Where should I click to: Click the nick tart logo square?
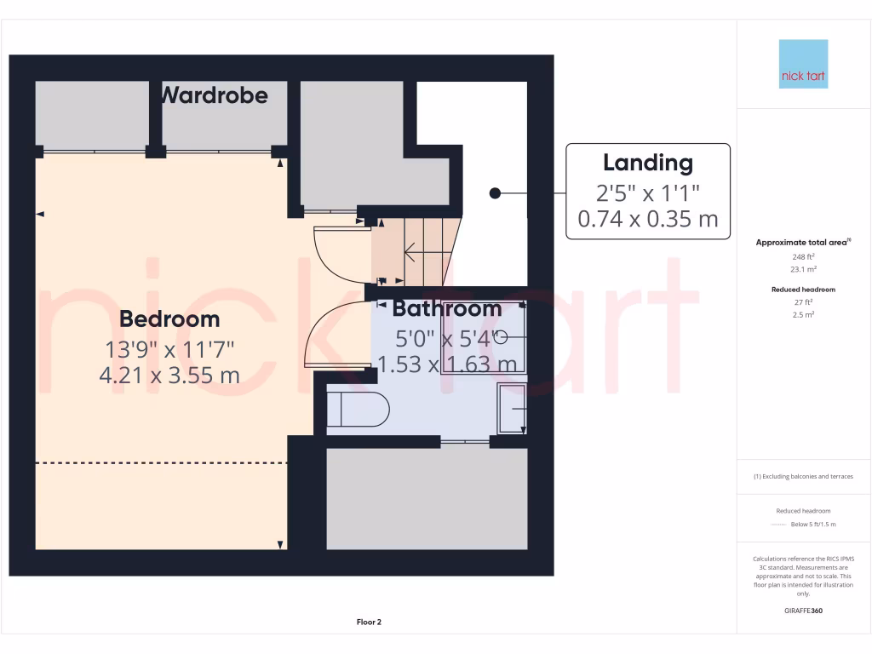pyautogui.click(x=803, y=64)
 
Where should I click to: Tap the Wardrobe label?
pyautogui.click(x=214, y=95)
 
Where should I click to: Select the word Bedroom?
pyautogui.click(x=169, y=319)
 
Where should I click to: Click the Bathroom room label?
pyautogui.click(x=447, y=308)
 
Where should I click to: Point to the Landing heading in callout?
pyautogui.click(x=648, y=163)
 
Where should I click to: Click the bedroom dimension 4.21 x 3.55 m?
pyautogui.click(x=169, y=375)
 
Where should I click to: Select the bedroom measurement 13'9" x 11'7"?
pyautogui.click(x=169, y=348)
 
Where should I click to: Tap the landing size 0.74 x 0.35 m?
pyautogui.click(x=648, y=219)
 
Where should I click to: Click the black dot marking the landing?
pyautogui.click(x=495, y=193)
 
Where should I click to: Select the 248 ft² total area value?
pyautogui.click(x=802, y=256)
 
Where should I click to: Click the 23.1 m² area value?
pyautogui.click(x=802, y=269)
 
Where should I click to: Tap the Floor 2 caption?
pyautogui.click(x=369, y=622)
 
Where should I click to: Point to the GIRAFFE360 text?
pyautogui.click(x=803, y=611)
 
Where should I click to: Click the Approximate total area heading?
pyautogui.click(x=802, y=243)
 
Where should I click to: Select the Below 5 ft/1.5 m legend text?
pyautogui.click(x=813, y=524)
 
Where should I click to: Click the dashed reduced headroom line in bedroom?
pyautogui.click(x=162, y=462)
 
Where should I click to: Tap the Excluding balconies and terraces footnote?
pyautogui.click(x=803, y=477)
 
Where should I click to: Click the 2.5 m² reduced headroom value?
pyautogui.click(x=802, y=314)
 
